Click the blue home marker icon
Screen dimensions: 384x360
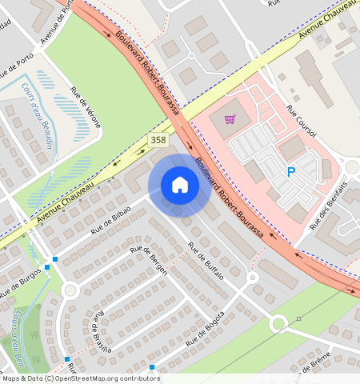coord(180,185)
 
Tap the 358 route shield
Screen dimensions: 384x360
coord(158,140)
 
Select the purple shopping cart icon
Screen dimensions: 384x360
coord(230,119)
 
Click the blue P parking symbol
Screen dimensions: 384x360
coord(291,171)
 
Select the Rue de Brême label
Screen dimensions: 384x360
coord(312,364)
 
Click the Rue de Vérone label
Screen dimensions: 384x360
coord(87,106)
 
